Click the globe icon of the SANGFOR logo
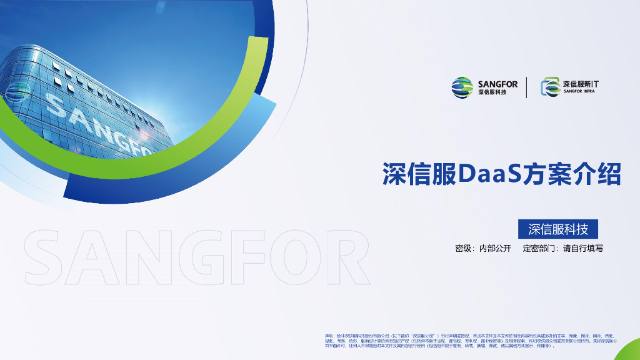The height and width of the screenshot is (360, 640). point(462,87)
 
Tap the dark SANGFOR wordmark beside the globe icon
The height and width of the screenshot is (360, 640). point(497,83)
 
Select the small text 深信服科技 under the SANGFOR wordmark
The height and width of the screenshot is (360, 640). point(492,93)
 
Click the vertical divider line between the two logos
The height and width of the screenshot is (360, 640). point(526,87)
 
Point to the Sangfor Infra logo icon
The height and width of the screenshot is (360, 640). point(550,87)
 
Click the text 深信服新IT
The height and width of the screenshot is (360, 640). point(585,83)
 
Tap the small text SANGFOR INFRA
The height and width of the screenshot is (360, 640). point(579,92)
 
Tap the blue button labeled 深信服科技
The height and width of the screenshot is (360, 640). point(558,229)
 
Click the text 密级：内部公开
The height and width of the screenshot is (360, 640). point(483,248)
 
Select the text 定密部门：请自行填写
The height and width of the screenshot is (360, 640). point(563,248)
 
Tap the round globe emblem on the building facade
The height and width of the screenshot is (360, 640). point(19,89)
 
